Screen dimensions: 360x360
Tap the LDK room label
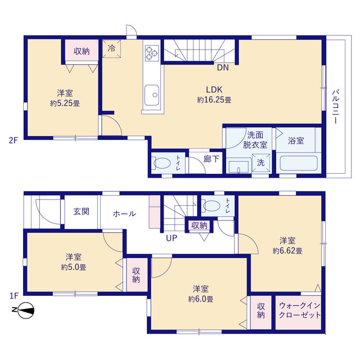click(214, 89)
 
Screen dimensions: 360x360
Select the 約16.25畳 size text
click(214, 100)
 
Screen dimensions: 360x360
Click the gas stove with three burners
click(152, 53)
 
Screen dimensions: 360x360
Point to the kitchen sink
click(151, 95)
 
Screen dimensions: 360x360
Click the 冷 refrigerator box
click(111, 49)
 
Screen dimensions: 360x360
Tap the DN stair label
click(223, 67)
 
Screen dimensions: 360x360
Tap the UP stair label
click(172, 238)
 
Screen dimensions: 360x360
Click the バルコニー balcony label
click(336, 107)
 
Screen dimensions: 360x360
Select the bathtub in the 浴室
click(299, 163)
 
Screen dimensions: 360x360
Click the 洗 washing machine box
click(261, 163)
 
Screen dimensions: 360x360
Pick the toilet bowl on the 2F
click(161, 163)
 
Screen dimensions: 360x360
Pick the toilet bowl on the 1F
click(211, 206)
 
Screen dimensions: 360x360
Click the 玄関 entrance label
click(81, 211)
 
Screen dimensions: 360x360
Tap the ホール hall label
click(124, 214)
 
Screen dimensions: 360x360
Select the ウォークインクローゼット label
click(300, 310)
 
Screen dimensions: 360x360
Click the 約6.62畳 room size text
click(287, 251)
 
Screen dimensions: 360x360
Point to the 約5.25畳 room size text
click(65, 103)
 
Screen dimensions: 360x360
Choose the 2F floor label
click(13, 140)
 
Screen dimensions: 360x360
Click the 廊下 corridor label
click(211, 159)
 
